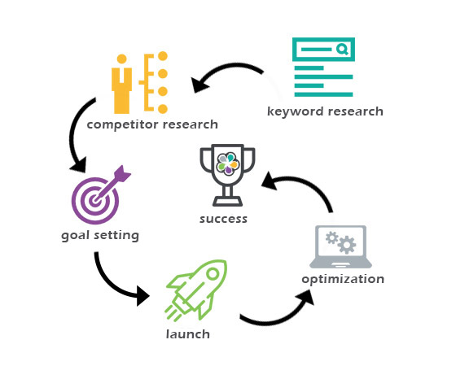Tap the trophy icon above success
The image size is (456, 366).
[x=227, y=175]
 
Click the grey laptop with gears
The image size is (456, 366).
[x=340, y=247]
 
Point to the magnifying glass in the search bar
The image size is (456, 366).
[x=342, y=50]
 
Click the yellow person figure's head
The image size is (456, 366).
[x=121, y=59]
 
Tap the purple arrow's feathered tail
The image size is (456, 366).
[x=123, y=173]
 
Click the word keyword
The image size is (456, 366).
[x=295, y=112]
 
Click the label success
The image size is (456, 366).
[x=223, y=219]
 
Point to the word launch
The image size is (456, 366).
[x=188, y=334]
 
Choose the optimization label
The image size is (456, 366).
[x=343, y=280]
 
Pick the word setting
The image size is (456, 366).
[x=116, y=236]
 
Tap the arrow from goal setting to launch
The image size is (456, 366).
[x=113, y=286]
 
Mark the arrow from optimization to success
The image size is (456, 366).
[x=305, y=182]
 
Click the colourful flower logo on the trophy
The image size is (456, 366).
[x=228, y=163]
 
